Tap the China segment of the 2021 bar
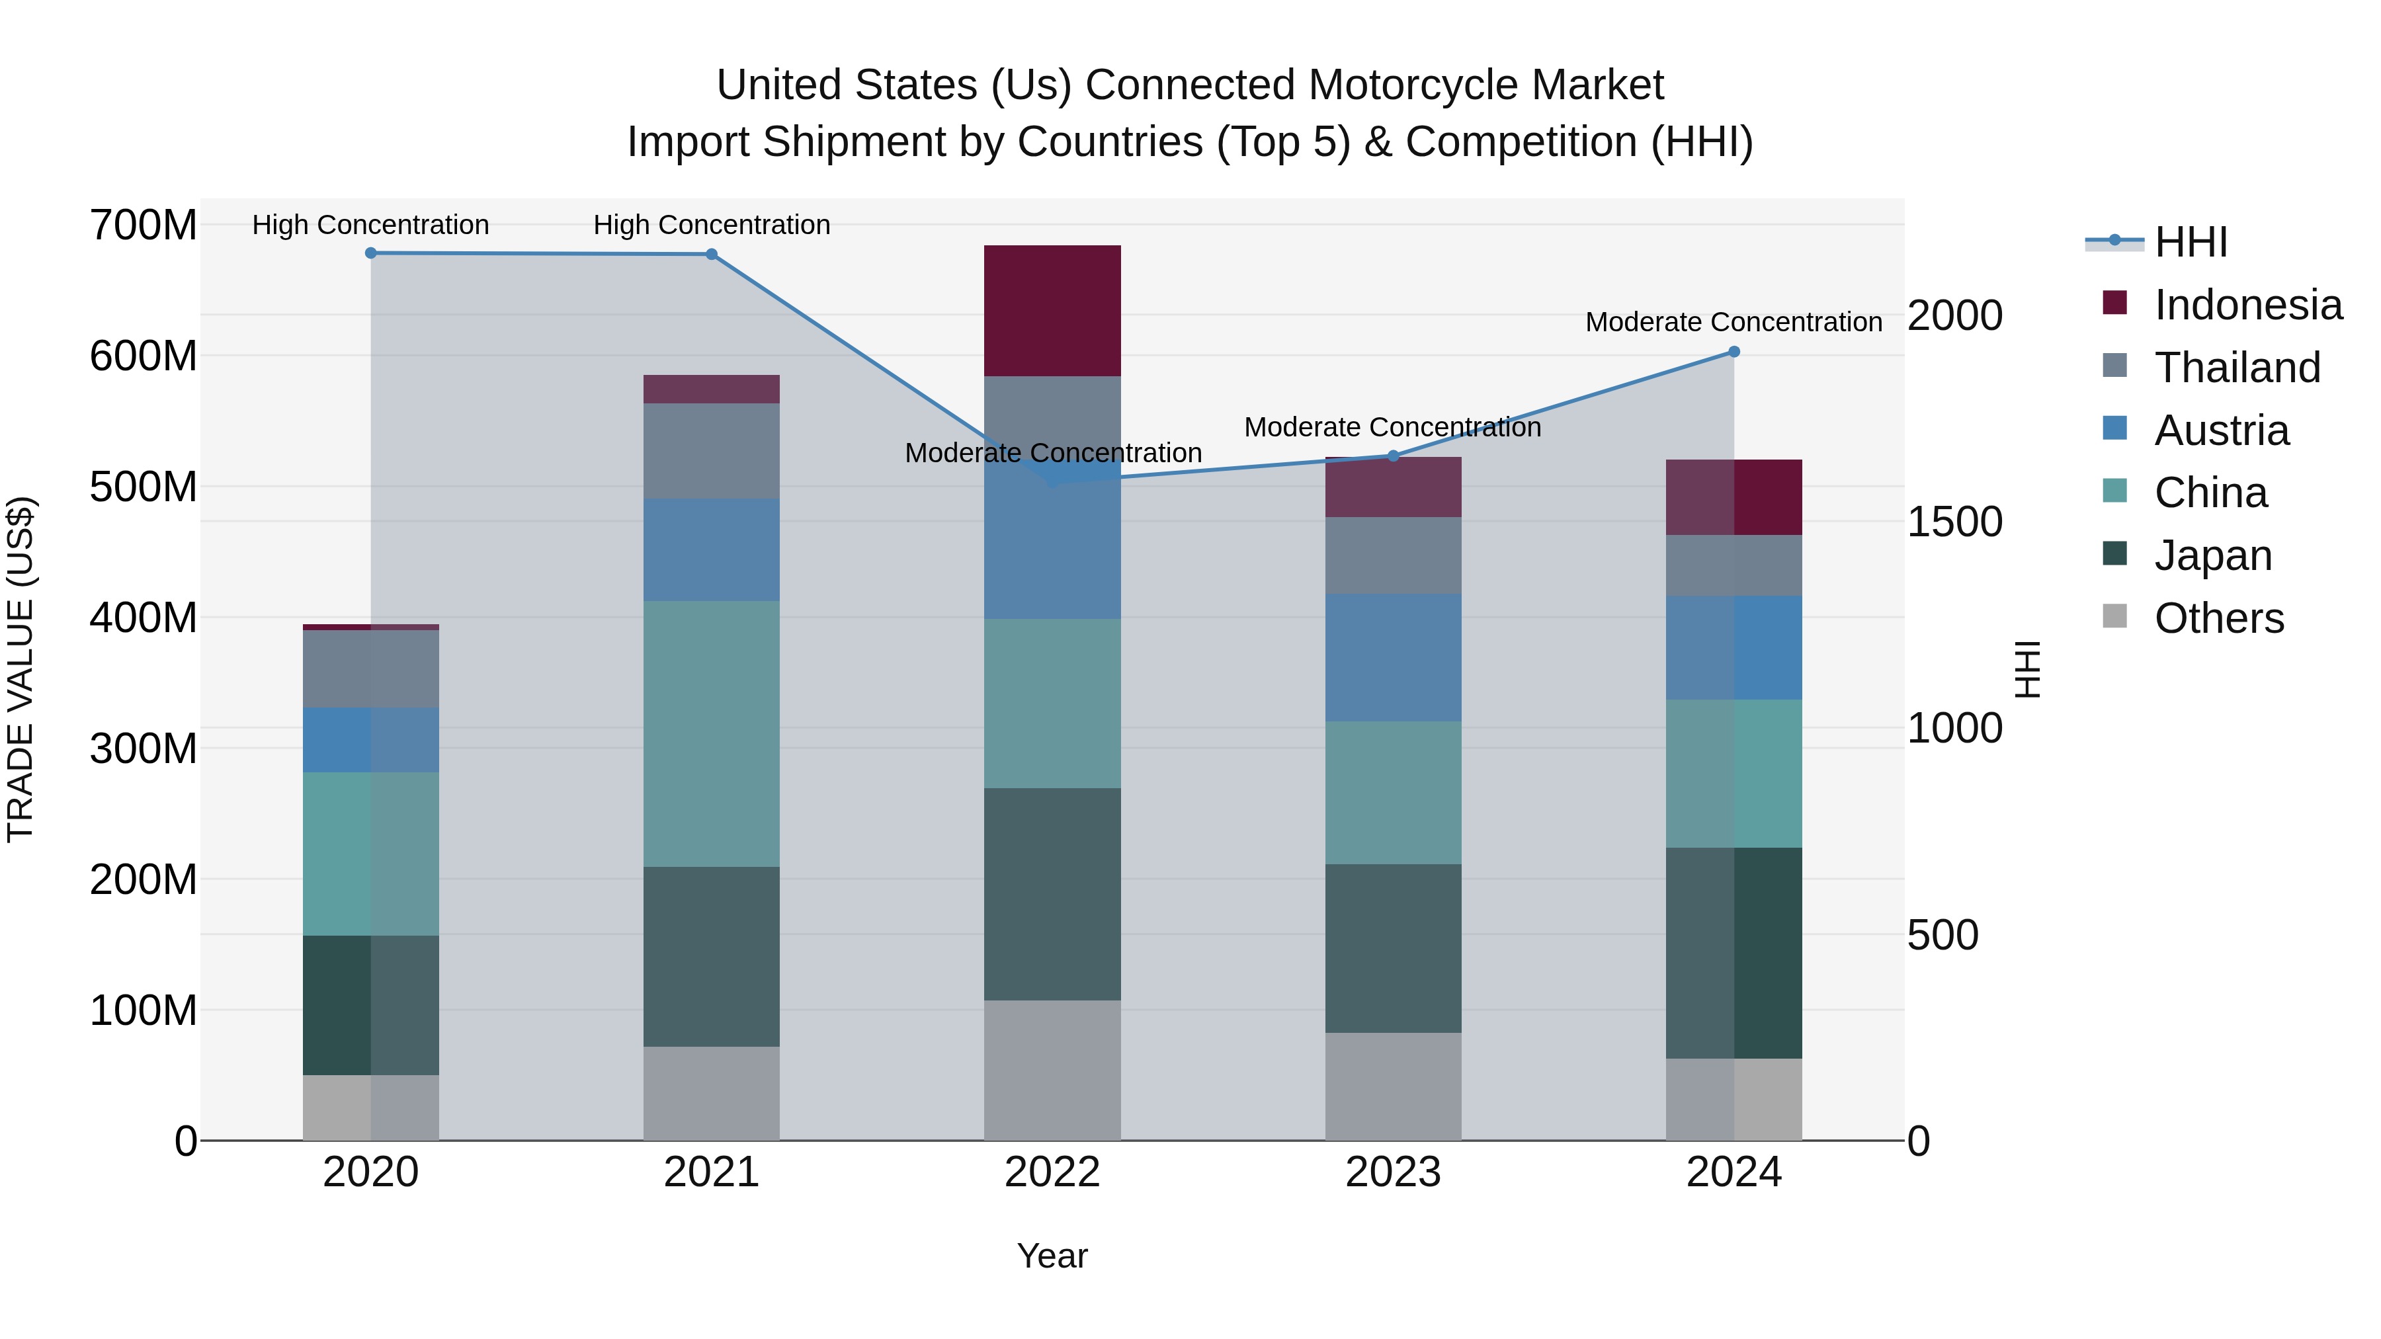pos(711,734)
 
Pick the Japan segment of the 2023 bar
pos(1393,948)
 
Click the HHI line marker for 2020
pos(370,253)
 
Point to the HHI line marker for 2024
pos(1734,352)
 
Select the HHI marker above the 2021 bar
pos(711,254)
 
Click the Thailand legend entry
pos(2237,368)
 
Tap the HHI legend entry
pos(2190,242)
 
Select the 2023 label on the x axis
pos(1393,1172)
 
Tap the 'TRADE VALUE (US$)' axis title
pos(21,669)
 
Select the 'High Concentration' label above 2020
pos(370,225)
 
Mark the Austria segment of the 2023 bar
pos(1393,657)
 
